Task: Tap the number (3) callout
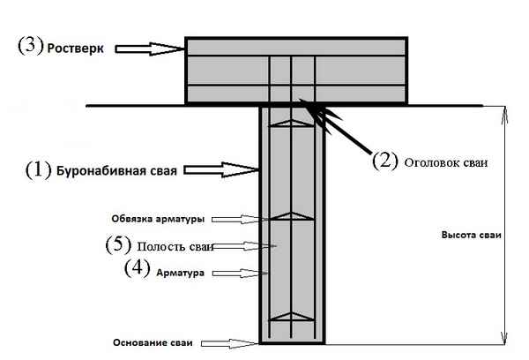tap(30, 46)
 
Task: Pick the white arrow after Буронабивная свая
tap(225, 168)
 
